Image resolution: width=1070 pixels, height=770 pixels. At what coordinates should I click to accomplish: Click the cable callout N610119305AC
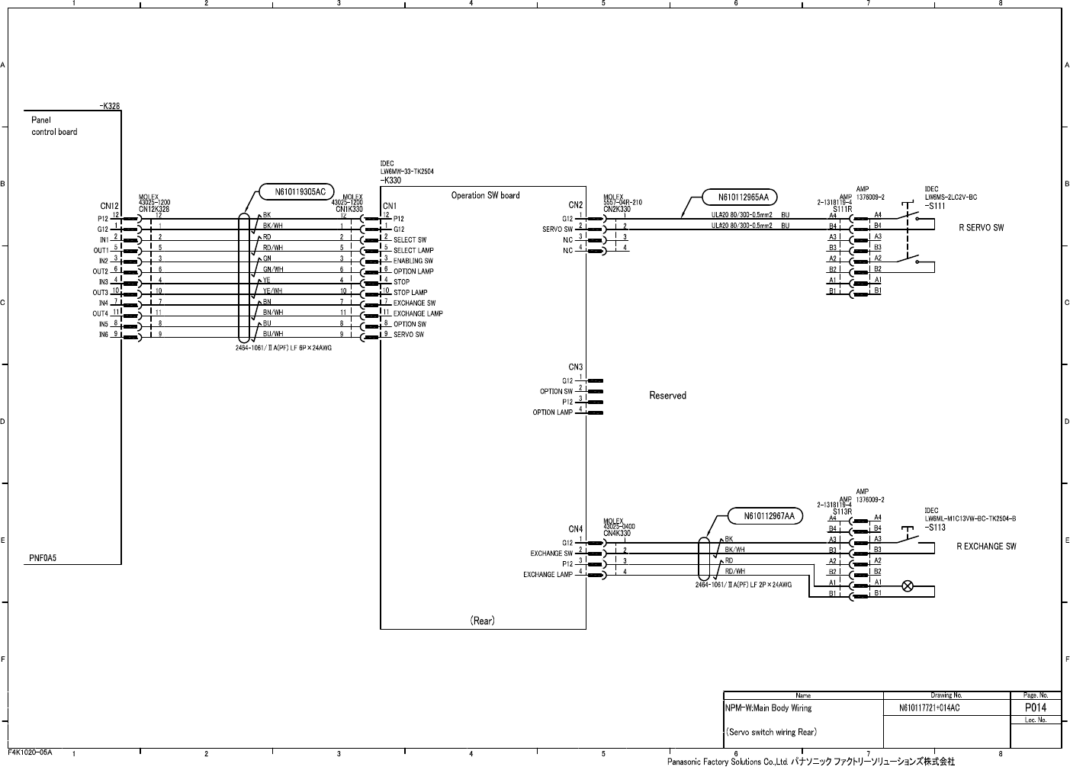point(300,191)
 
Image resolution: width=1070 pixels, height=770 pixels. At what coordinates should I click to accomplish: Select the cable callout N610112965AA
point(744,197)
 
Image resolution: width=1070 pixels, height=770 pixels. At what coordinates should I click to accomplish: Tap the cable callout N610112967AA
point(769,516)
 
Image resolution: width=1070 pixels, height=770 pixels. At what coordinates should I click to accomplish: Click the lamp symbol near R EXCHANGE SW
point(908,586)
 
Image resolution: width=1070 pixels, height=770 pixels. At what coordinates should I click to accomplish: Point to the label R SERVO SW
point(981,228)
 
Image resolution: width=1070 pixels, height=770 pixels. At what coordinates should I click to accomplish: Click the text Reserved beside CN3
point(667,396)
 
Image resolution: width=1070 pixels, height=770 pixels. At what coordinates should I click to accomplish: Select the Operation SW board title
point(485,196)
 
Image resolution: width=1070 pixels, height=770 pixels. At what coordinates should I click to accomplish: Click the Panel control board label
point(53,126)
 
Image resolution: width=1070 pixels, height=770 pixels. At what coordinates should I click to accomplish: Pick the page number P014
point(1035,707)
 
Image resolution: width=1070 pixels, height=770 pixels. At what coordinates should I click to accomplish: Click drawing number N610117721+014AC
point(929,708)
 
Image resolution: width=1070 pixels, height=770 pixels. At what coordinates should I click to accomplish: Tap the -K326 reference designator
point(110,106)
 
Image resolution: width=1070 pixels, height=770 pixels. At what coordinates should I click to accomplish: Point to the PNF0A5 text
point(43,558)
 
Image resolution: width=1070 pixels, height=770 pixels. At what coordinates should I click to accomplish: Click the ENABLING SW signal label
point(413,261)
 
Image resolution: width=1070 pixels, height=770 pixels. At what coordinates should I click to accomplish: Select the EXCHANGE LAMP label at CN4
point(548,575)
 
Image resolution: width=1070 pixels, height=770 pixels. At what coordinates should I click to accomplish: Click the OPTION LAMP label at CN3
point(552,412)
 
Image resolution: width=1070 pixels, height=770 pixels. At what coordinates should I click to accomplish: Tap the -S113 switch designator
point(935,528)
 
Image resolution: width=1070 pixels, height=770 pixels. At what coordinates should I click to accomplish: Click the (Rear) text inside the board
point(482,621)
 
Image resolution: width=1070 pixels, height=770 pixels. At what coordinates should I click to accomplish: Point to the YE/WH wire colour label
point(273,290)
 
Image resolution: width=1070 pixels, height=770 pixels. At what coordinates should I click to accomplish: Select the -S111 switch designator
point(935,206)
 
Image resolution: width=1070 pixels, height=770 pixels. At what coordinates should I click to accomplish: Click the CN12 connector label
point(110,206)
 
